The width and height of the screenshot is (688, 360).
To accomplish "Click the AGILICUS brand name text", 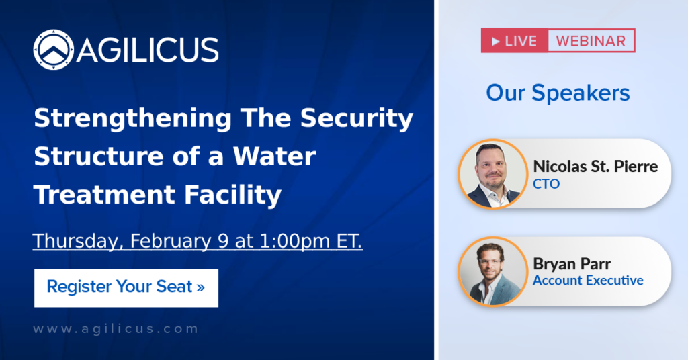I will coord(147,50).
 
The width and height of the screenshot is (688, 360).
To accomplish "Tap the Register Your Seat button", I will coord(126,287).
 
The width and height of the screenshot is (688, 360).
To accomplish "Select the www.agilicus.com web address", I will coord(116,329).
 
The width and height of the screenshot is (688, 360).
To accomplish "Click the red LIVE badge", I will coord(515,41).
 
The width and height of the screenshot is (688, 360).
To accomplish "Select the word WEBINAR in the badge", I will coord(591,41).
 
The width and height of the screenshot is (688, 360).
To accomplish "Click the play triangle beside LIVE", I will coord(496,41).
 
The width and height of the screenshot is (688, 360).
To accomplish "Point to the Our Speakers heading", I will coord(558,93).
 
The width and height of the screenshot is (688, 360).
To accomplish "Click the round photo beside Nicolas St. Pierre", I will coord(493,173).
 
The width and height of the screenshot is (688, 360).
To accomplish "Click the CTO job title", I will coord(546,183).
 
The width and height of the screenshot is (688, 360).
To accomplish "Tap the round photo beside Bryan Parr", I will coord(493,271).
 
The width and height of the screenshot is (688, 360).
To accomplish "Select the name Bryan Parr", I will coord(572,263).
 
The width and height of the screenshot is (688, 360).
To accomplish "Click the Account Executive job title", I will coord(588,280).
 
